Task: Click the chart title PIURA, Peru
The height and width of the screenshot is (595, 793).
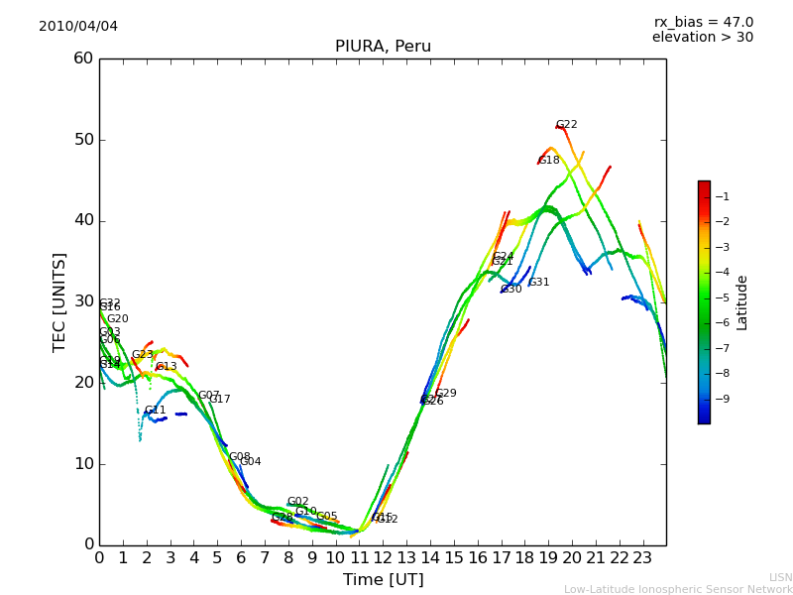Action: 383,47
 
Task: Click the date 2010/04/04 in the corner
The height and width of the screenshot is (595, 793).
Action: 78,26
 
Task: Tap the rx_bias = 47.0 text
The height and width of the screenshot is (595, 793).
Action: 703,22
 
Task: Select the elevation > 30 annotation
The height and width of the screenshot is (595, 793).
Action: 702,38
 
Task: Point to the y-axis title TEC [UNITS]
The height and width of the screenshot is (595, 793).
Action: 59,301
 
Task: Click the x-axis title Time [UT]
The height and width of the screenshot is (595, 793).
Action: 383,580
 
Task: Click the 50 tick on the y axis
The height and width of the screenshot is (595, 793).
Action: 82,139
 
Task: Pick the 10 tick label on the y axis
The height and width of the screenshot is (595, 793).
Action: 82,463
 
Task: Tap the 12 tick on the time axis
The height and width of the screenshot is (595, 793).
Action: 383,558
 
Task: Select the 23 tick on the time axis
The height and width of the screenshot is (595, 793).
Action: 642,558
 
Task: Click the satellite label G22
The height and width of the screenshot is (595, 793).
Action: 566,125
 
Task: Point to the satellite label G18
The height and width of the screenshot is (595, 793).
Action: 548,160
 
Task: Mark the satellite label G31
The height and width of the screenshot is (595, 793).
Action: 538,283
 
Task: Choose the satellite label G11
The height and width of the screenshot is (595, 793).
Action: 156,411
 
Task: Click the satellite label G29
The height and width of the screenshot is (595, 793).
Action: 446,394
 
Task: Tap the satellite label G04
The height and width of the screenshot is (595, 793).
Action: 251,462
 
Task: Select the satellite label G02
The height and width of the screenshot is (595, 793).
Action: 298,502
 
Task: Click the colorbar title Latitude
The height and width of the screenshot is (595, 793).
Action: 742,302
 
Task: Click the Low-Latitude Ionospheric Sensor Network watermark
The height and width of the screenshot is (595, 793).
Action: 678,590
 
